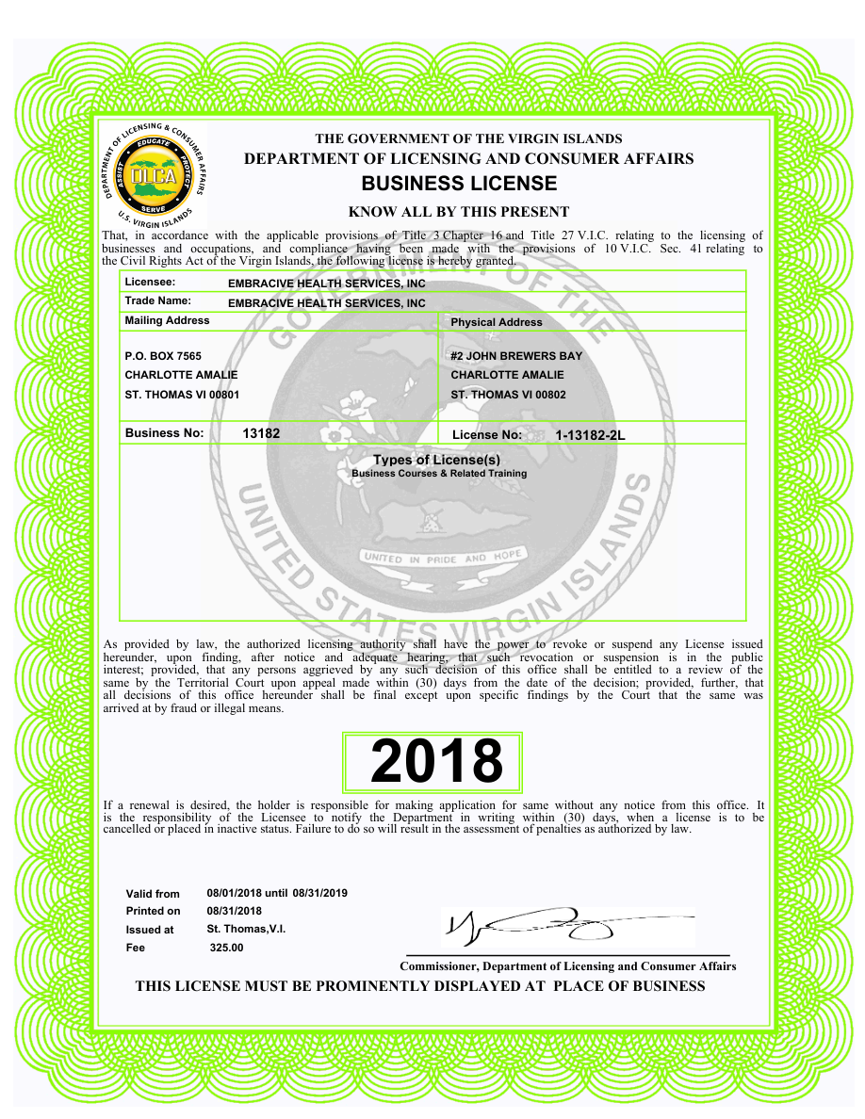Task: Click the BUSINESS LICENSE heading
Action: click(459, 183)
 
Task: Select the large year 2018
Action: click(436, 761)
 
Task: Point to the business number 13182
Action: click(261, 433)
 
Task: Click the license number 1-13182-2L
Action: click(590, 435)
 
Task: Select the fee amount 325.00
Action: click(226, 948)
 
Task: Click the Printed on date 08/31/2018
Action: click(234, 911)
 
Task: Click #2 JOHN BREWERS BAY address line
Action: click(516, 356)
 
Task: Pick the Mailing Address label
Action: click(167, 320)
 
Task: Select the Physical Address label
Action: click(497, 322)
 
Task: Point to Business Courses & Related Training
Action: click(439, 474)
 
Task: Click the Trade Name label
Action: click(157, 300)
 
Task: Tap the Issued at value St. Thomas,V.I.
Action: click(246, 929)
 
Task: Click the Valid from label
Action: click(153, 894)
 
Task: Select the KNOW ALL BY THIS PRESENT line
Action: click(459, 212)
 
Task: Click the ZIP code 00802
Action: click(550, 395)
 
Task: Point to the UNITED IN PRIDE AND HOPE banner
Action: click(442, 558)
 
